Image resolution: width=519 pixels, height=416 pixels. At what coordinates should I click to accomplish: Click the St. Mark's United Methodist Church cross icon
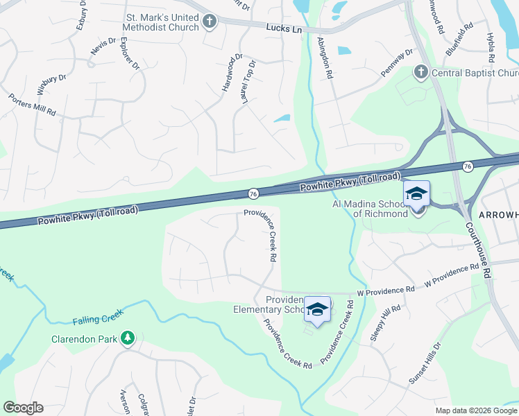click(210, 23)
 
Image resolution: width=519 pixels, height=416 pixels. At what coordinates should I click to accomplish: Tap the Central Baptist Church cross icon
click(420, 72)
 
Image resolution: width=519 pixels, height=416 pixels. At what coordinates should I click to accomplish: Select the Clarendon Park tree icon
click(128, 338)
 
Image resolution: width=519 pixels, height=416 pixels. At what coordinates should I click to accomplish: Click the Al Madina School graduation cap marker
click(416, 193)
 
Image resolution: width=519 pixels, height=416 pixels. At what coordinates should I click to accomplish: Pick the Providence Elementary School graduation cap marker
click(317, 309)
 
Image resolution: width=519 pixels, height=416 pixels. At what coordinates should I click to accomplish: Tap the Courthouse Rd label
click(479, 250)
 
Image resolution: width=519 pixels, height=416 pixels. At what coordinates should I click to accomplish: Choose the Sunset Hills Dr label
click(425, 364)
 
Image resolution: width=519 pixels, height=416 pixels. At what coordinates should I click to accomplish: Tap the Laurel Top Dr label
click(247, 82)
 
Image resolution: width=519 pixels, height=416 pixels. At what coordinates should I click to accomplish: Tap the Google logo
click(23, 408)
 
